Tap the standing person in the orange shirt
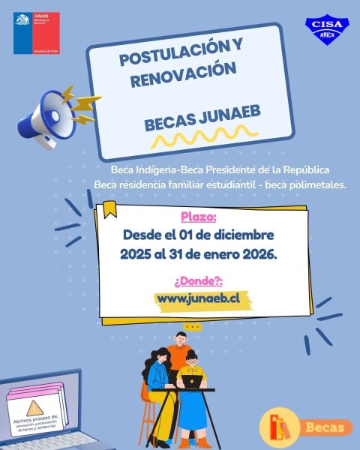(x=178, y=352)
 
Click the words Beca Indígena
(x=142, y=170)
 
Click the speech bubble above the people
(x=193, y=326)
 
